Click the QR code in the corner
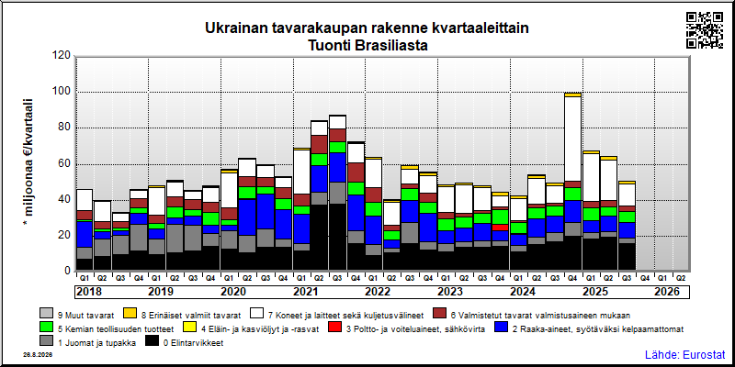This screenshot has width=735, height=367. pos(705,30)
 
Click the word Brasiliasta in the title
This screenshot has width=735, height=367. pos(394,46)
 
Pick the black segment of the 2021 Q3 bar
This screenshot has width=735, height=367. pos(337,237)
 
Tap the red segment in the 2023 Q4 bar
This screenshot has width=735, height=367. pos(501,227)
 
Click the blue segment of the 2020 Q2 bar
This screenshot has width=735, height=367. pos(246,217)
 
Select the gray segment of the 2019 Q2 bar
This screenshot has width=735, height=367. pos(175,239)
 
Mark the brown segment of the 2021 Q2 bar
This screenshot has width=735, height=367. pos(319,145)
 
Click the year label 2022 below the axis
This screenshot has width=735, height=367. pos(378,292)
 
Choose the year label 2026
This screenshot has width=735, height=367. pos(667,292)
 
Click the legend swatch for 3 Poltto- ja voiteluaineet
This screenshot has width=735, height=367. pos(335,329)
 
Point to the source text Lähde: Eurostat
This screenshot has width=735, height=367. pos(685,354)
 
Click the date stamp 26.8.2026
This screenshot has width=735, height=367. pos(38,355)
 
